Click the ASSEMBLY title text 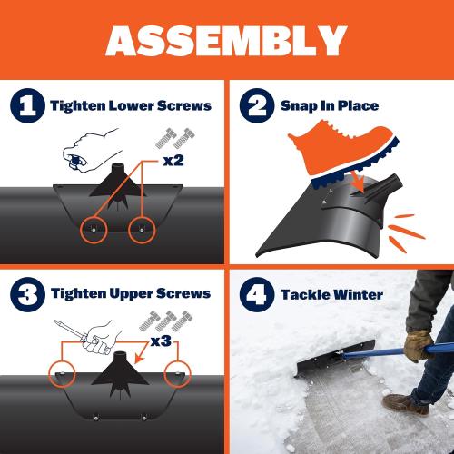(x=227, y=41)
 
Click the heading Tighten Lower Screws (x=131, y=106)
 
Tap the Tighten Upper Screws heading (x=131, y=293)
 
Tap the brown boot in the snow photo (x=405, y=403)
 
